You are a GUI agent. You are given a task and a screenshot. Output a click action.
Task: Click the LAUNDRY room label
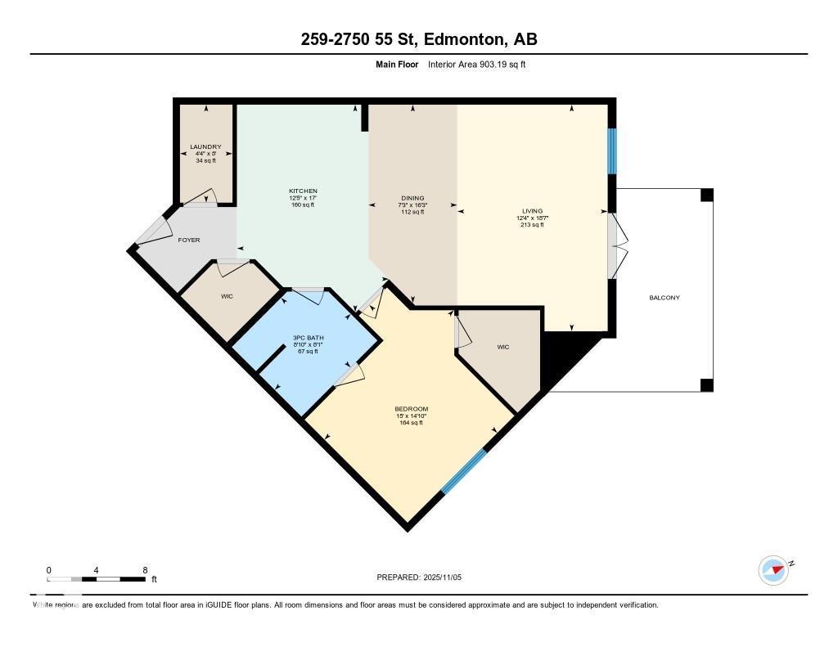[x=205, y=147]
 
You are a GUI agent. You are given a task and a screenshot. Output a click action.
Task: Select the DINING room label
[x=412, y=198]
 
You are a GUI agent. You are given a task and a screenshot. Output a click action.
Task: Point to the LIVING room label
[x=532, y=211]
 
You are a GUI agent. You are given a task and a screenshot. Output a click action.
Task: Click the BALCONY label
[x=664, y=298]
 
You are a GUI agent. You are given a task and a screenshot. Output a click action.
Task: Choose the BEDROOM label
[x=411, y=409]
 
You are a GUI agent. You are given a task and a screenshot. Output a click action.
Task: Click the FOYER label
[x=189, y=240]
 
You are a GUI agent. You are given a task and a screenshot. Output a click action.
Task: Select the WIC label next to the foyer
[x=227, y=296]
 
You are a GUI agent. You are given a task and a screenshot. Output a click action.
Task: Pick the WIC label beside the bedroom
[x=503, y=348]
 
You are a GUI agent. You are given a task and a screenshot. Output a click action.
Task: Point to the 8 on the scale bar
[x=145, y=570]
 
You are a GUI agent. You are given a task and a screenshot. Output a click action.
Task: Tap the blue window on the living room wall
[x=611, y=151]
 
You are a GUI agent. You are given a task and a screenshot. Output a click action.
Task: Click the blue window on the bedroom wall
[x=464, y=472]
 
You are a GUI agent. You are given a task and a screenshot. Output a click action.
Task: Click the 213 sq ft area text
[x=532, y=225]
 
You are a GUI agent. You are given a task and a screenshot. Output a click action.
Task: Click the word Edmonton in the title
[x=464, y=39]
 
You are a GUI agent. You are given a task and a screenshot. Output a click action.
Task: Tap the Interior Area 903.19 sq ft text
[x=476, y=64]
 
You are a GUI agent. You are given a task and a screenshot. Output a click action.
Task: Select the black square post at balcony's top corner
[x=706, y=195]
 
